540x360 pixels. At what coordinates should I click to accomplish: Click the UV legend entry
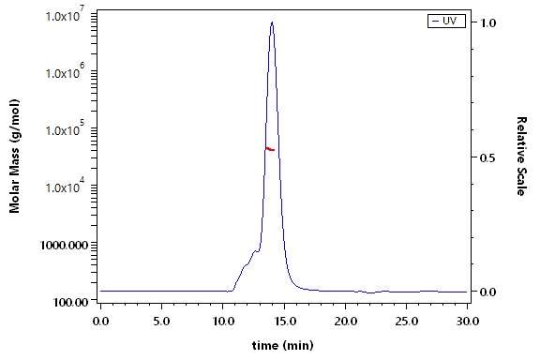coord(446,21)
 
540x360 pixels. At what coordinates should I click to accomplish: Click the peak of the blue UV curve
coord(272,22)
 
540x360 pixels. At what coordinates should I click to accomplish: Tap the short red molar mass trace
coord(270,149)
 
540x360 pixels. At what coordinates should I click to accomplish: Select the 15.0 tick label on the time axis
coord(284,322)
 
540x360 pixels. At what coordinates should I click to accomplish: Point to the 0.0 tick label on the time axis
coord(100,322)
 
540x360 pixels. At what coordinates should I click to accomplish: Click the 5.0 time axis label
coord(161,322)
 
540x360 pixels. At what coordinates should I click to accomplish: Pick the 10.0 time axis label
coord(223,322)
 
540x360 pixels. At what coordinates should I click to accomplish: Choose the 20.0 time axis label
coord(345,322)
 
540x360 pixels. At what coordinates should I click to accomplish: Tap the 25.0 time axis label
coord(406,322)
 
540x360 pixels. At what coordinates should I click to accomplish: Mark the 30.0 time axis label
coord(467,322)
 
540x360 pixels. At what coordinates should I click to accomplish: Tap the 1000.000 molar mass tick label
coord(64,245)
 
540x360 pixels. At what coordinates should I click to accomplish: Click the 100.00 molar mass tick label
coord(70,302)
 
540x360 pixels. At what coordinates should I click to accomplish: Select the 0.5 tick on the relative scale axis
coord(487,157)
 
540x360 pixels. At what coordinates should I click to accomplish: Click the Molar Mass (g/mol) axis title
coord(14,156)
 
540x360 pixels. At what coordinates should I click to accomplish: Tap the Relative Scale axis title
coord(521,156)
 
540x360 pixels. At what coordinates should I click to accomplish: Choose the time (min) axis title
coord(283,345)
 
